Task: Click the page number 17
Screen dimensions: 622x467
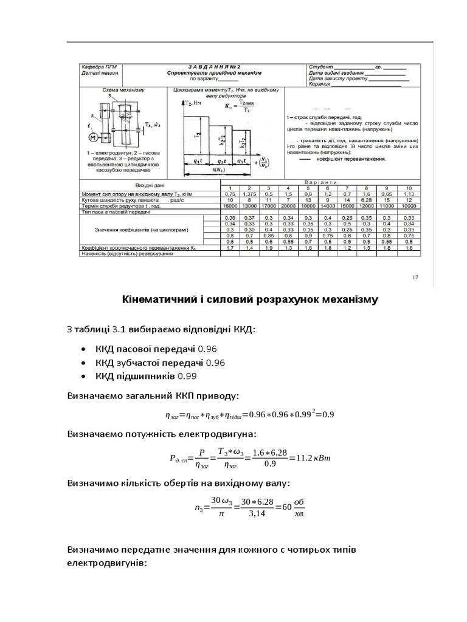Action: (415, 278)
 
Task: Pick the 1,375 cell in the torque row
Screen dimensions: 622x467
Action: (247, 194)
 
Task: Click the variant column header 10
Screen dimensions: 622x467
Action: (409, 188)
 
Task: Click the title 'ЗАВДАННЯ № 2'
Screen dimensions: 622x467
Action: (215, 66)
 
